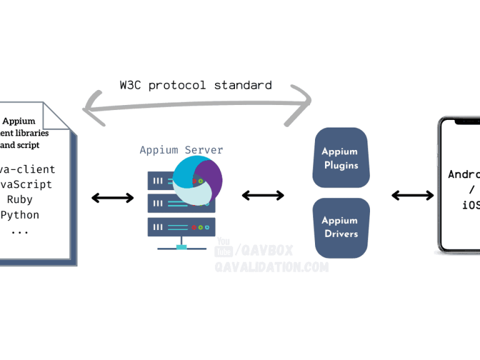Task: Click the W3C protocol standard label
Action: [x=196, y=85]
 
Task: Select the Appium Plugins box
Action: [x=340, y=158]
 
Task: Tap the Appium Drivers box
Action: [x=341, y=227]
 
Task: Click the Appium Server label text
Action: [x=181, y=150]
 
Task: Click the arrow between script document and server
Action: [x=112, y=198]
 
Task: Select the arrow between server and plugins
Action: [x=262, y=196]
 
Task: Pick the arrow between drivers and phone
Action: [x=412, y=196]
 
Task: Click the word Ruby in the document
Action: [x=19, y=200]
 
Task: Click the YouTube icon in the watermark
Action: [x=223, y=248]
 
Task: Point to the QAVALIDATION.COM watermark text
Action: [x=271, y=267]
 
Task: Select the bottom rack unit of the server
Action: [x=181, y=226]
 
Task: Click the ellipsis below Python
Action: [x=19, y=230]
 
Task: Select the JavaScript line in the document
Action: [x=26, y=185]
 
